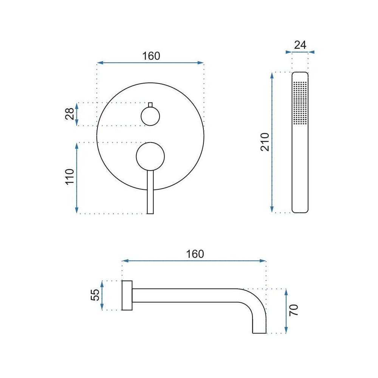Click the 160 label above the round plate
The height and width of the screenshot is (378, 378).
click(151, 56)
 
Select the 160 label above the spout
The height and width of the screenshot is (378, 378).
click(195, 254)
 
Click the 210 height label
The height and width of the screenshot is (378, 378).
click(265, 142)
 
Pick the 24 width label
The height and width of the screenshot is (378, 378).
click(300, 45)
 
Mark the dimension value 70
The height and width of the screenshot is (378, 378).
click(294, 310)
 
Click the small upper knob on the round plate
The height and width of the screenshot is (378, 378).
click(150, 116)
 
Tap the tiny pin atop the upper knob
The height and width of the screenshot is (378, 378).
click(150, 105)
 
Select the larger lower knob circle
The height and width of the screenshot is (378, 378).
click(150, 156)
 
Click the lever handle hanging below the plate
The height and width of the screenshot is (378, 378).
click(150, 193)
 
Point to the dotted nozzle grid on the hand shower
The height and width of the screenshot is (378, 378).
click(300, 102)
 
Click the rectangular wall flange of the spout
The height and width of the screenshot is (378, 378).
click(127, 296)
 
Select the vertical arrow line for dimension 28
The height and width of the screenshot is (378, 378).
click(77, 114)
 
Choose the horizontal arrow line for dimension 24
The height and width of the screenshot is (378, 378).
click(300, 52)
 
